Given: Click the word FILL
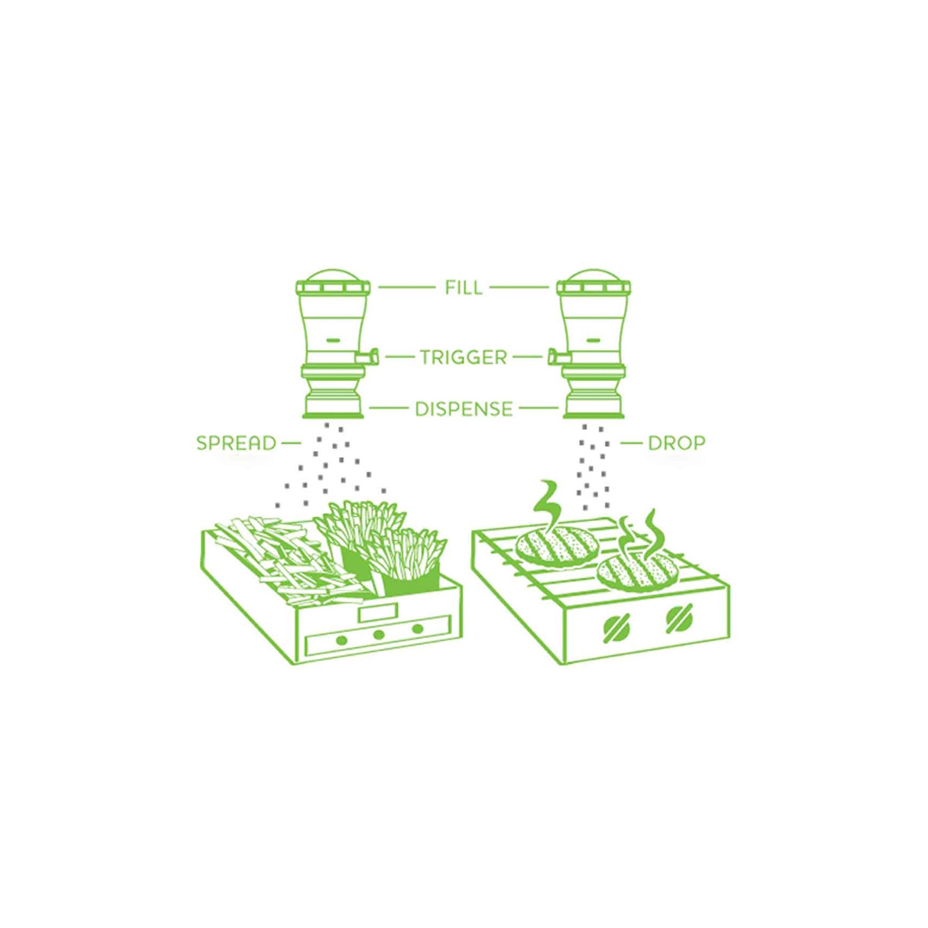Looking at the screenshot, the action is (x=463, y=288).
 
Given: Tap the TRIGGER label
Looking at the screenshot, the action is (x=463, y=357).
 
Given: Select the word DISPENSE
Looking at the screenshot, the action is (x=464, y=409).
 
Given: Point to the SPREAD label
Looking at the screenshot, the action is (x=237, y=443).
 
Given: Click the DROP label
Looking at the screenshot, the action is (x=677, y=443).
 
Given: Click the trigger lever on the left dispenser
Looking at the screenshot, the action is (x=367, y=357).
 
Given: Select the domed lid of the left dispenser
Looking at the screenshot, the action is (x=333, y=276).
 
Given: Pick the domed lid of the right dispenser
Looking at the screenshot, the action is (x=593, y=276).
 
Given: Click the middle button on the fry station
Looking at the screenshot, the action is (x=379, y=635).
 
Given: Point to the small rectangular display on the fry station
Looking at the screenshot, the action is (x=377, y=613).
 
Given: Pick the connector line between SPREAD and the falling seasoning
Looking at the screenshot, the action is (x=291, y=443).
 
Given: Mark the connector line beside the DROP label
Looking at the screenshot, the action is (x=631, y=443).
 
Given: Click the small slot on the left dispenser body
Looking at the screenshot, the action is (x=333, y=339).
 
